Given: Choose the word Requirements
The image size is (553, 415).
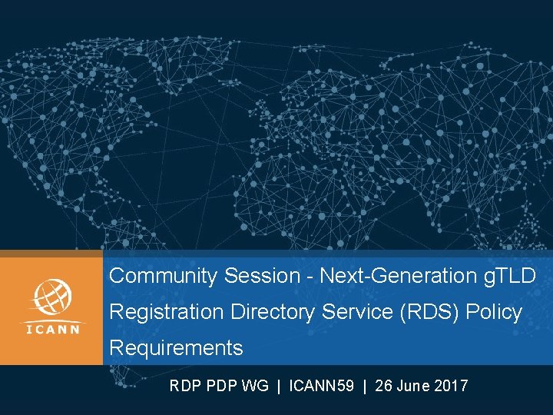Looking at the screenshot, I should pos(176,348).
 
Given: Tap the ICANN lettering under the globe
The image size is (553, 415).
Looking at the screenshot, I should pos(51,330).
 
